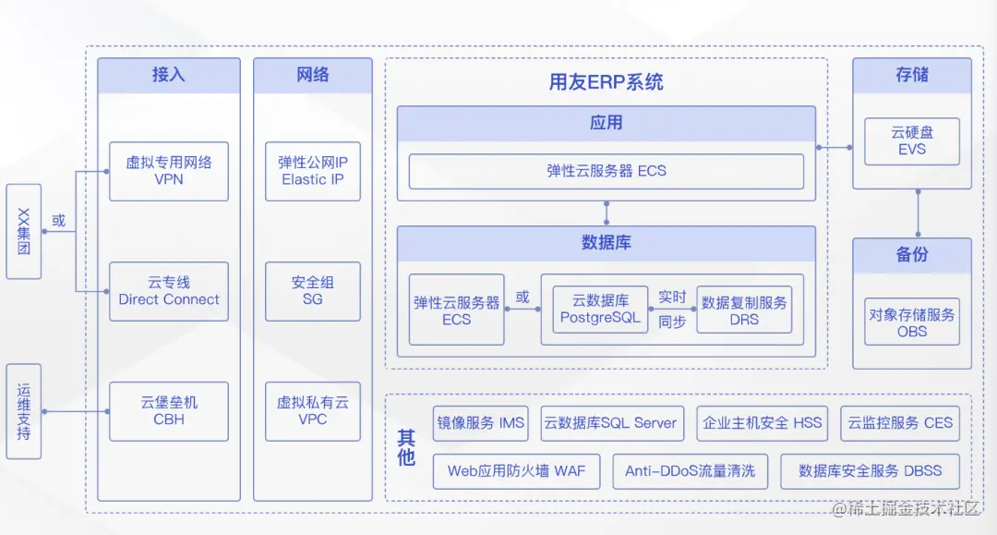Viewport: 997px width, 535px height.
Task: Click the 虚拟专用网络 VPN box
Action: (x=169, y=171)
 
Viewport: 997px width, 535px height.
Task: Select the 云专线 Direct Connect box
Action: (x=169, y=291)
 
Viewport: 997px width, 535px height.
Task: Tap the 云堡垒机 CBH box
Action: (x=169, y=411)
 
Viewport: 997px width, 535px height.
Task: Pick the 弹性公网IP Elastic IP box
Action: (x=313, y=171)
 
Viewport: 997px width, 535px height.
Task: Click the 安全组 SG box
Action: (x=313, y=291)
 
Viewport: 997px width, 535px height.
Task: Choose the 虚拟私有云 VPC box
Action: (x=313, y=411)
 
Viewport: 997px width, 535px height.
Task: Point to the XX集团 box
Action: (x=24, y=231)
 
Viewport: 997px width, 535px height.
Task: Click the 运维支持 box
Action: (x=24, y=411)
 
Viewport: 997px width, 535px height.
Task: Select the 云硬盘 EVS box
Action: (x=911, y=141)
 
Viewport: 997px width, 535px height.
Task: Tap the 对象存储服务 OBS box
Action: (x=911, y=322)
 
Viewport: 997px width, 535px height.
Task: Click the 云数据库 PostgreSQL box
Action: (x=600, y=310)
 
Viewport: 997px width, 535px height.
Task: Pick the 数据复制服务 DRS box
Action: (x=744, y=310)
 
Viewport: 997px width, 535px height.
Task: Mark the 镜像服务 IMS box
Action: (x=481, y=423)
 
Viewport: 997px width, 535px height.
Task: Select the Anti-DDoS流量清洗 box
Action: (x=690, y=471)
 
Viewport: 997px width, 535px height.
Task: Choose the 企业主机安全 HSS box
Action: (x=763, y=423)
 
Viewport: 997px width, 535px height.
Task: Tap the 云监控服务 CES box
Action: (x=900, y=423)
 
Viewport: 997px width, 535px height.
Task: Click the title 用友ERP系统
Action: (x=607, y=82)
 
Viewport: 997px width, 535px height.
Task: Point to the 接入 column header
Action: (x=169, y=75)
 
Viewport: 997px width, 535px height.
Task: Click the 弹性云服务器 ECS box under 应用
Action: (x=607, y=171)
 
